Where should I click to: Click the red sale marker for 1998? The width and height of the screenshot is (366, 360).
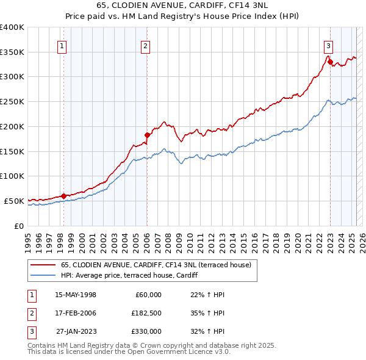(63, 196)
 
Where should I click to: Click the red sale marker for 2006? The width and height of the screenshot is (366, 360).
(147, 135)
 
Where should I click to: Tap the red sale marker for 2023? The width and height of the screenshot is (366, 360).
(330, 62)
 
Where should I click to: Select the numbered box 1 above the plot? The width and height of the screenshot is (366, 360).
(63, 45)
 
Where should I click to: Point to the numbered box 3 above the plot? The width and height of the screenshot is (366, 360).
(328, 45)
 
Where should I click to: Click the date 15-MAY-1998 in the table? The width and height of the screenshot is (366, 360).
(76, 295)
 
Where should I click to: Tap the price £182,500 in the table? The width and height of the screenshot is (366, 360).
(146, 313)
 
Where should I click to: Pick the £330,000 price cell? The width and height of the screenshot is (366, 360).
(146, 331)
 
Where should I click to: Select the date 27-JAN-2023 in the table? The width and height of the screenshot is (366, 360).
(76, 331)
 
